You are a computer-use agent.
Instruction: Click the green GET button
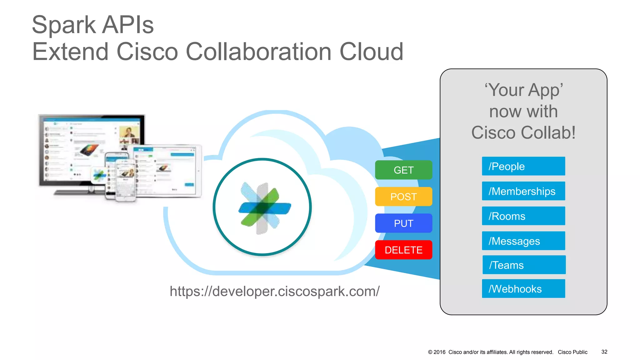(403, 170)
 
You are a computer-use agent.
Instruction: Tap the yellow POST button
(403, 197)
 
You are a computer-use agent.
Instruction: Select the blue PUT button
(403, 223)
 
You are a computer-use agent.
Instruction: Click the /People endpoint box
(523, 166)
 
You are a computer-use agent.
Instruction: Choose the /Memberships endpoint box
(523, 191)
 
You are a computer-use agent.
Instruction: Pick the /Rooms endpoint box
(523, 216)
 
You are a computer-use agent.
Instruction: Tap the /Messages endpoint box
(523, 241)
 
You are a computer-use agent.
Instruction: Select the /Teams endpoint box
(524, 265)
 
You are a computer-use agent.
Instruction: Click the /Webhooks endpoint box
(523, 289)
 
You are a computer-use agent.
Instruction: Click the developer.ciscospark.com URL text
(274, 291)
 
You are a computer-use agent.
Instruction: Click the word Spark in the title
(64, 25)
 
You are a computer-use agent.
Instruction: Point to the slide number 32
(604, 352)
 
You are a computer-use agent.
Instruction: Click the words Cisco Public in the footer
(572, 352)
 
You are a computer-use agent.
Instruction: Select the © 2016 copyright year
(437, 352)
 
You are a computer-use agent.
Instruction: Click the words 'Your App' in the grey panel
(524, 90)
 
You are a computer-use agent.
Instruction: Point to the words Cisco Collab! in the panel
(523, 132)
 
